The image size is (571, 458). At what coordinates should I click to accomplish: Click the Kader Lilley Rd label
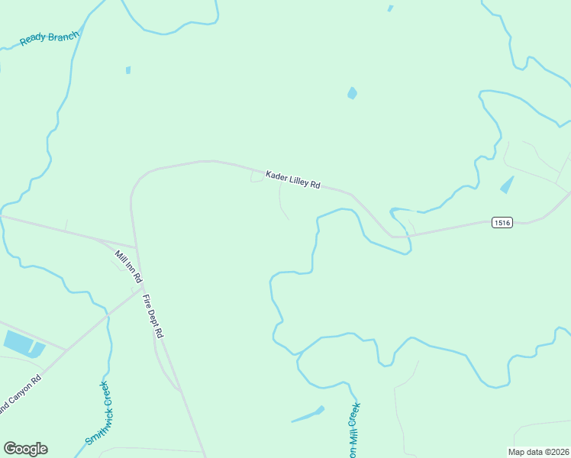pyautogui.click(x=292, y=180)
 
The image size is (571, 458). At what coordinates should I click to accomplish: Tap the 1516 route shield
pyautogui.click(x=502, y=223)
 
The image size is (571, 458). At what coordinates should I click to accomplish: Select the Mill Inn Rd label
pyautogui.click(x=128, y=266)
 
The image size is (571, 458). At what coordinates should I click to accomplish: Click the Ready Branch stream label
pyautogui.click(x=50, y=37)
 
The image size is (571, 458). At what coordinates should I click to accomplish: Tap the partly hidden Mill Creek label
pyautogui.click(x=353, y=431)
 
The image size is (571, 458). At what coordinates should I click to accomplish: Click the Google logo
pyautogui.click(x=25, y=449)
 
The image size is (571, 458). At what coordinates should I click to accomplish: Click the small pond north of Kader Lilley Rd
pyautogui.click(x=352, y=93)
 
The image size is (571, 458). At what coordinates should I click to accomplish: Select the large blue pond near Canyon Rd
pyautogui.click(x=21, y=343)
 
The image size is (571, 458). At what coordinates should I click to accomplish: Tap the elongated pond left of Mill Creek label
pyautogui.click(x=308, y=415)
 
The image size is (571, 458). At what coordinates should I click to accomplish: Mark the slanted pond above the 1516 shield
pyautogui.click(x=506, y=185)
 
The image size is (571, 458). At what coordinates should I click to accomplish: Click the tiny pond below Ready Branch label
pyautogui.click(x=128, y=70)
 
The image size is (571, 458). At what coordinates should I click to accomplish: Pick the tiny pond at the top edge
pyautogui.click(x=390, y=8)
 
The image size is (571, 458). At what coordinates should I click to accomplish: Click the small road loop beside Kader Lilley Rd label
pyautogui.click(x=256, y=177)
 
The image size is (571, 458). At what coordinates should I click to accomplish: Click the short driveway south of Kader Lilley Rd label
pyautogui.click(x=282, y=202)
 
